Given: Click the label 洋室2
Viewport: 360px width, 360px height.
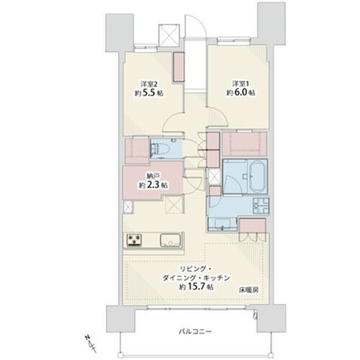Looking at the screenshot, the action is pos(149,84).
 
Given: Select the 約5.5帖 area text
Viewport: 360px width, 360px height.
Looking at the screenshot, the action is pos(149,93).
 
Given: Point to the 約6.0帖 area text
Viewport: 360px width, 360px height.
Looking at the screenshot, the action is pos(240,93).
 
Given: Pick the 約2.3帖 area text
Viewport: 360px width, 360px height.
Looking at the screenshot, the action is pos(153,185).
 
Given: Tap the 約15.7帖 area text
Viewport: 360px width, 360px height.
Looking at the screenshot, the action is pos(196,287).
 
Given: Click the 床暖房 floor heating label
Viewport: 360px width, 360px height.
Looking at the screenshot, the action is pos(248,290).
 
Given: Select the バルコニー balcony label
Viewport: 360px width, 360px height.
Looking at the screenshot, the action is pos(195,332).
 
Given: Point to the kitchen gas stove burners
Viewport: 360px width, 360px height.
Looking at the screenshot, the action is pos(134,240).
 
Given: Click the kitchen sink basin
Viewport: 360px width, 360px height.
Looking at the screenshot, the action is pos(170,240).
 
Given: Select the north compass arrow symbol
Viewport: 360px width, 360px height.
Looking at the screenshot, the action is pos(90,344).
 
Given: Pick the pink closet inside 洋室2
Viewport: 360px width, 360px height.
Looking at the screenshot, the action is pos(179,67).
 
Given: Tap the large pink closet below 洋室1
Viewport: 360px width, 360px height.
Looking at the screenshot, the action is pos(244,144).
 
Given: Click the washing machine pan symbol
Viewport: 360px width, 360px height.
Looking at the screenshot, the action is pos(261,206).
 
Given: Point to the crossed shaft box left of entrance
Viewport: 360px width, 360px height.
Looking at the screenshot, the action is pos(169,35).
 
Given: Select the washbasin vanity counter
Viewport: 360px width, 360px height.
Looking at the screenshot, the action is pos(222,224).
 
